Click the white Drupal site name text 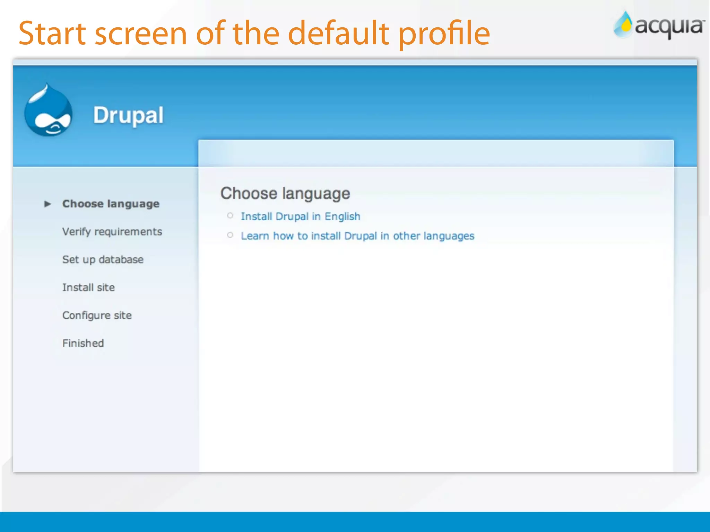pos(128,115)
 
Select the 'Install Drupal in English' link pos(300,216)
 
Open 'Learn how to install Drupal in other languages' pos(357,236)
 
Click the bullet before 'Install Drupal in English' pos(230,216)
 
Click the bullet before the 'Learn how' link pos(230,235)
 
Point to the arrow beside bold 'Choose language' pos(48,204)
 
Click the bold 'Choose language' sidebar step pos(111,204)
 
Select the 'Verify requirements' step pos(112,232)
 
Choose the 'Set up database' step pos(103,260)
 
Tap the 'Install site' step pos(88,287)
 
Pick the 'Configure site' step pos(97,316)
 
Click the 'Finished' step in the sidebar pos(83,343)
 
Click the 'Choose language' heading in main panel pos(285,193)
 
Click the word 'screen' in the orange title pos(141,35)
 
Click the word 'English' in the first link pos(342,217)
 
